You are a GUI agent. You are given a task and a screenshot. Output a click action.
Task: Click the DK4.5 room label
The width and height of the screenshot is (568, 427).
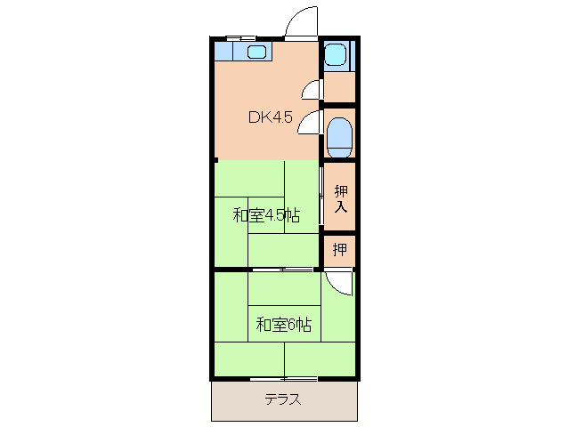[x=269, y=117]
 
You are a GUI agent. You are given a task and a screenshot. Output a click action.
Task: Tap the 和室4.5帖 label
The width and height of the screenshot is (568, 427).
[x=265, y=215]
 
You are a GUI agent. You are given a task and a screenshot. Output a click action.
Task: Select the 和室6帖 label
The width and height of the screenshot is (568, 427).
[x=284, y=324]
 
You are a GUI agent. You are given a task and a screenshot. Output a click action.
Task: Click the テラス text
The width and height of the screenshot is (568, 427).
[x=282, y=399]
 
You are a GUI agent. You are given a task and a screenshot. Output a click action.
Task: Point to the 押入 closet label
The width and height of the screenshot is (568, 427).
[x=340, y=198]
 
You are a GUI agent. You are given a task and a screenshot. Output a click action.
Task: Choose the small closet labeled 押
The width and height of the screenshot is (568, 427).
[x=340, y=250]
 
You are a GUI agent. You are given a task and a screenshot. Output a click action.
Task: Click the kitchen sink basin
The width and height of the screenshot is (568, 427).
[x=256, y=53]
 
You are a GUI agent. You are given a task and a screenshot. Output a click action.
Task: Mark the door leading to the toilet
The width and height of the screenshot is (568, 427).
[x=310, y=122]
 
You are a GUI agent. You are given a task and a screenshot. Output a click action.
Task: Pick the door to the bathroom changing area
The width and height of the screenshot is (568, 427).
[x=312, y=88]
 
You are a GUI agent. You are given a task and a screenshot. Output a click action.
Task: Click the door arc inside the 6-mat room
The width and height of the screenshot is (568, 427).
[x=339, y=283]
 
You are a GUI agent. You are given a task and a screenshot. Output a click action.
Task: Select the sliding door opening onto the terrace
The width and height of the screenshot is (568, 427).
[x=284, y=379]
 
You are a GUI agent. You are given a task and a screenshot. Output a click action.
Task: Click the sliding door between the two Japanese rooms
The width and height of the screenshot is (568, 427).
[x=282, y=269]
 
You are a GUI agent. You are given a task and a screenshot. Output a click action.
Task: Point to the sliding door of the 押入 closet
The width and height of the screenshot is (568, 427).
[x=321, y=197]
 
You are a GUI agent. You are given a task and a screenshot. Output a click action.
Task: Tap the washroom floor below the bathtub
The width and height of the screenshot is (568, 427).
[x=339, y=87]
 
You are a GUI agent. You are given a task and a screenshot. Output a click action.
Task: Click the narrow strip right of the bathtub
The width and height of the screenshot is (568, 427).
[x=353, y=55]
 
